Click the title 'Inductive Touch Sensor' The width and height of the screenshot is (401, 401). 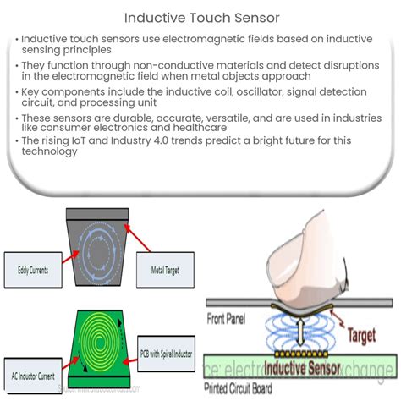(200, 16)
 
